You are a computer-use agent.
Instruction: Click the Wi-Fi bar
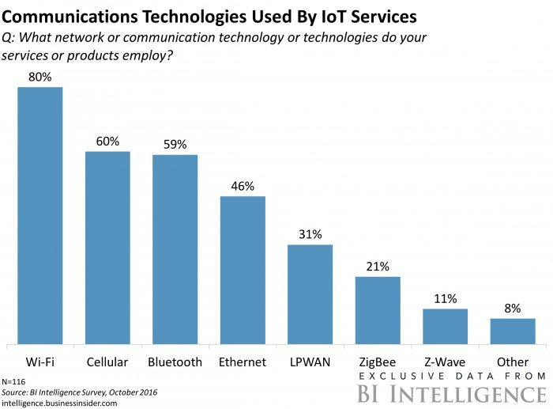pos(40,215)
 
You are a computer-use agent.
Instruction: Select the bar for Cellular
pos(107,248)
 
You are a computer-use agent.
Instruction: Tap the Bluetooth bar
pos(175,249)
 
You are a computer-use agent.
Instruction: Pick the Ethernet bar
pos(243,270)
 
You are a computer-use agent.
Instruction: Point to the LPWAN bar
pos(310,294)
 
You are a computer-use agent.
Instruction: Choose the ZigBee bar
pos(378,310)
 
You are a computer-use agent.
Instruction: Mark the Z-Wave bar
pos(445,326)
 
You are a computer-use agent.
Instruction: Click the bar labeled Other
pos(513,331)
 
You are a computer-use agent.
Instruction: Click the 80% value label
pos(40,77)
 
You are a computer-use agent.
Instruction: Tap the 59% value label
pos(175,145)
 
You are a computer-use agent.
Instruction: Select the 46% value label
pos(243,187)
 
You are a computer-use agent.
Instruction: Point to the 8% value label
pos(513,309)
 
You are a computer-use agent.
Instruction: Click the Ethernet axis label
pos(243,362)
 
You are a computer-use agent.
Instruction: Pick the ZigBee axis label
pos(378,362)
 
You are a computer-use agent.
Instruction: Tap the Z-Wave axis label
pos(445,362)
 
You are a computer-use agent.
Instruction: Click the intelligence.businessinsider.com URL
pos(59,403)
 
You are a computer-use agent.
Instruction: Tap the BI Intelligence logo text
pos(450,393)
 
